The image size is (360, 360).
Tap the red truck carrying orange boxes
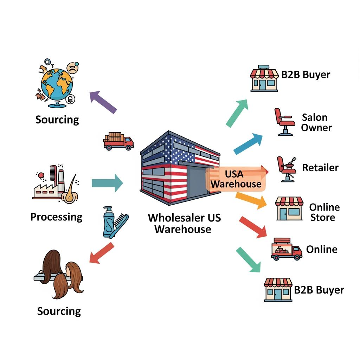pos(118,141)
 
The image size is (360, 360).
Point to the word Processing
pos(56,217)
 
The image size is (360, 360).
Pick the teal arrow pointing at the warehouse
pos(107,183)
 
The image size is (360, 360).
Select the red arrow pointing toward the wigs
pos(102,252)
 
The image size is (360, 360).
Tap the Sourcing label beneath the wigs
pos(59,311)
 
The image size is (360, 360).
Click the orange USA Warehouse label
pos(236,179)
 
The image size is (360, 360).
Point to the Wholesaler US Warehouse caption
pos(184,223)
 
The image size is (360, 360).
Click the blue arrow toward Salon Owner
pos(248,144)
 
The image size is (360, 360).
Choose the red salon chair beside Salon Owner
pos(284,122)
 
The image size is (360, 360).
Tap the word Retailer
pos(320,167)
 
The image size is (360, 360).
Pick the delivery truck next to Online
pos(286,250)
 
